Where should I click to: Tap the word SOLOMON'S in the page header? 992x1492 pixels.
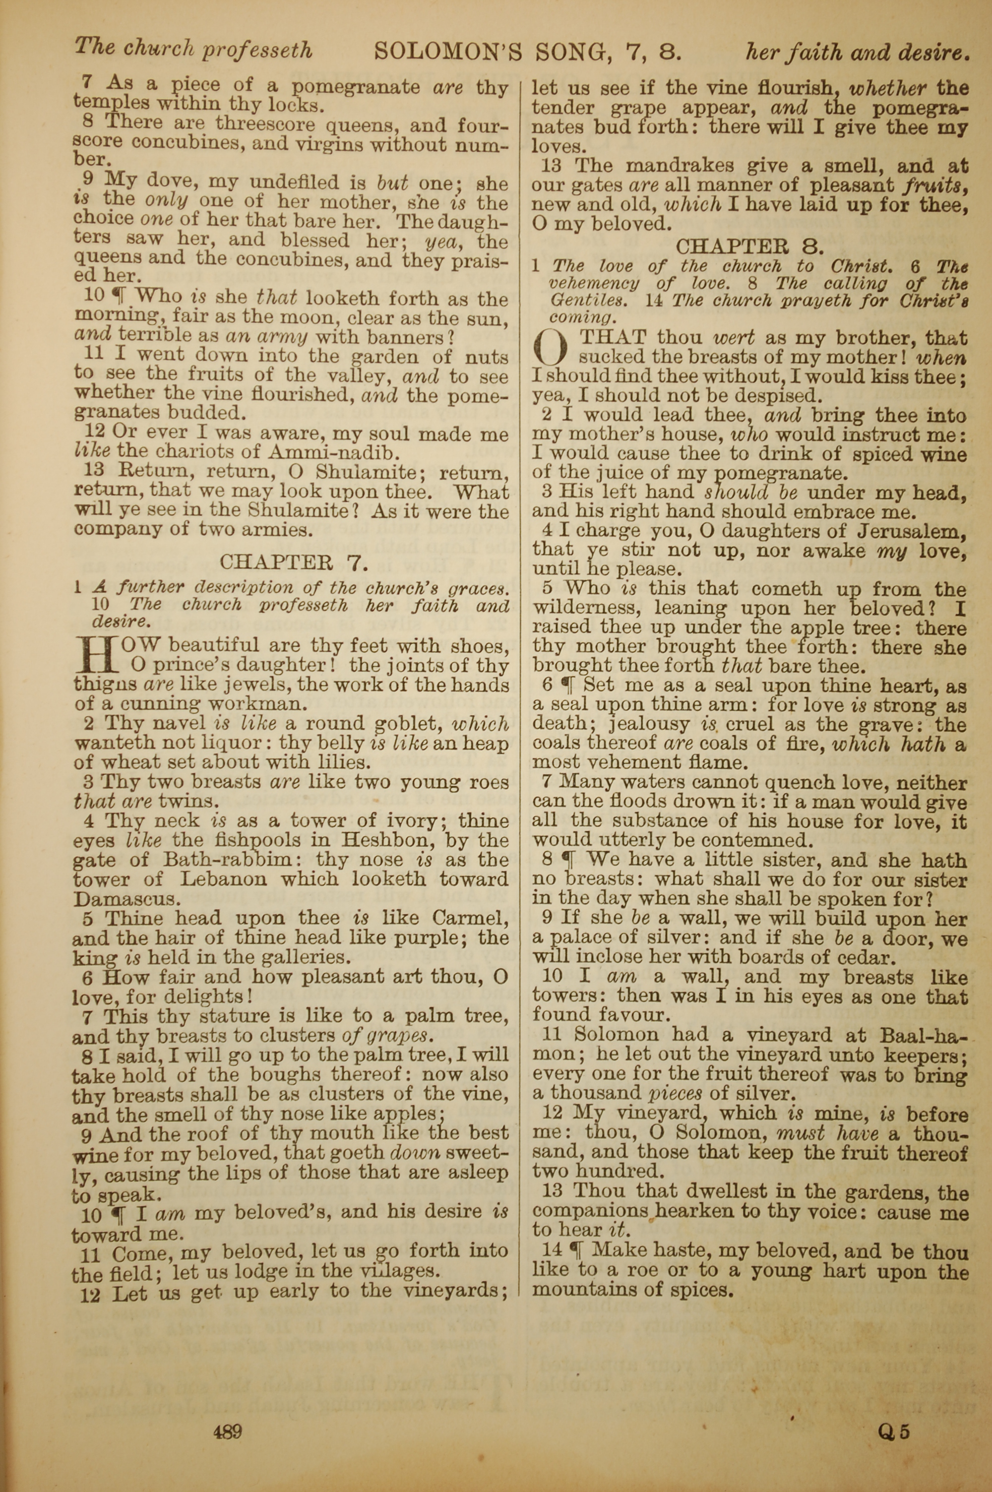448,51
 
